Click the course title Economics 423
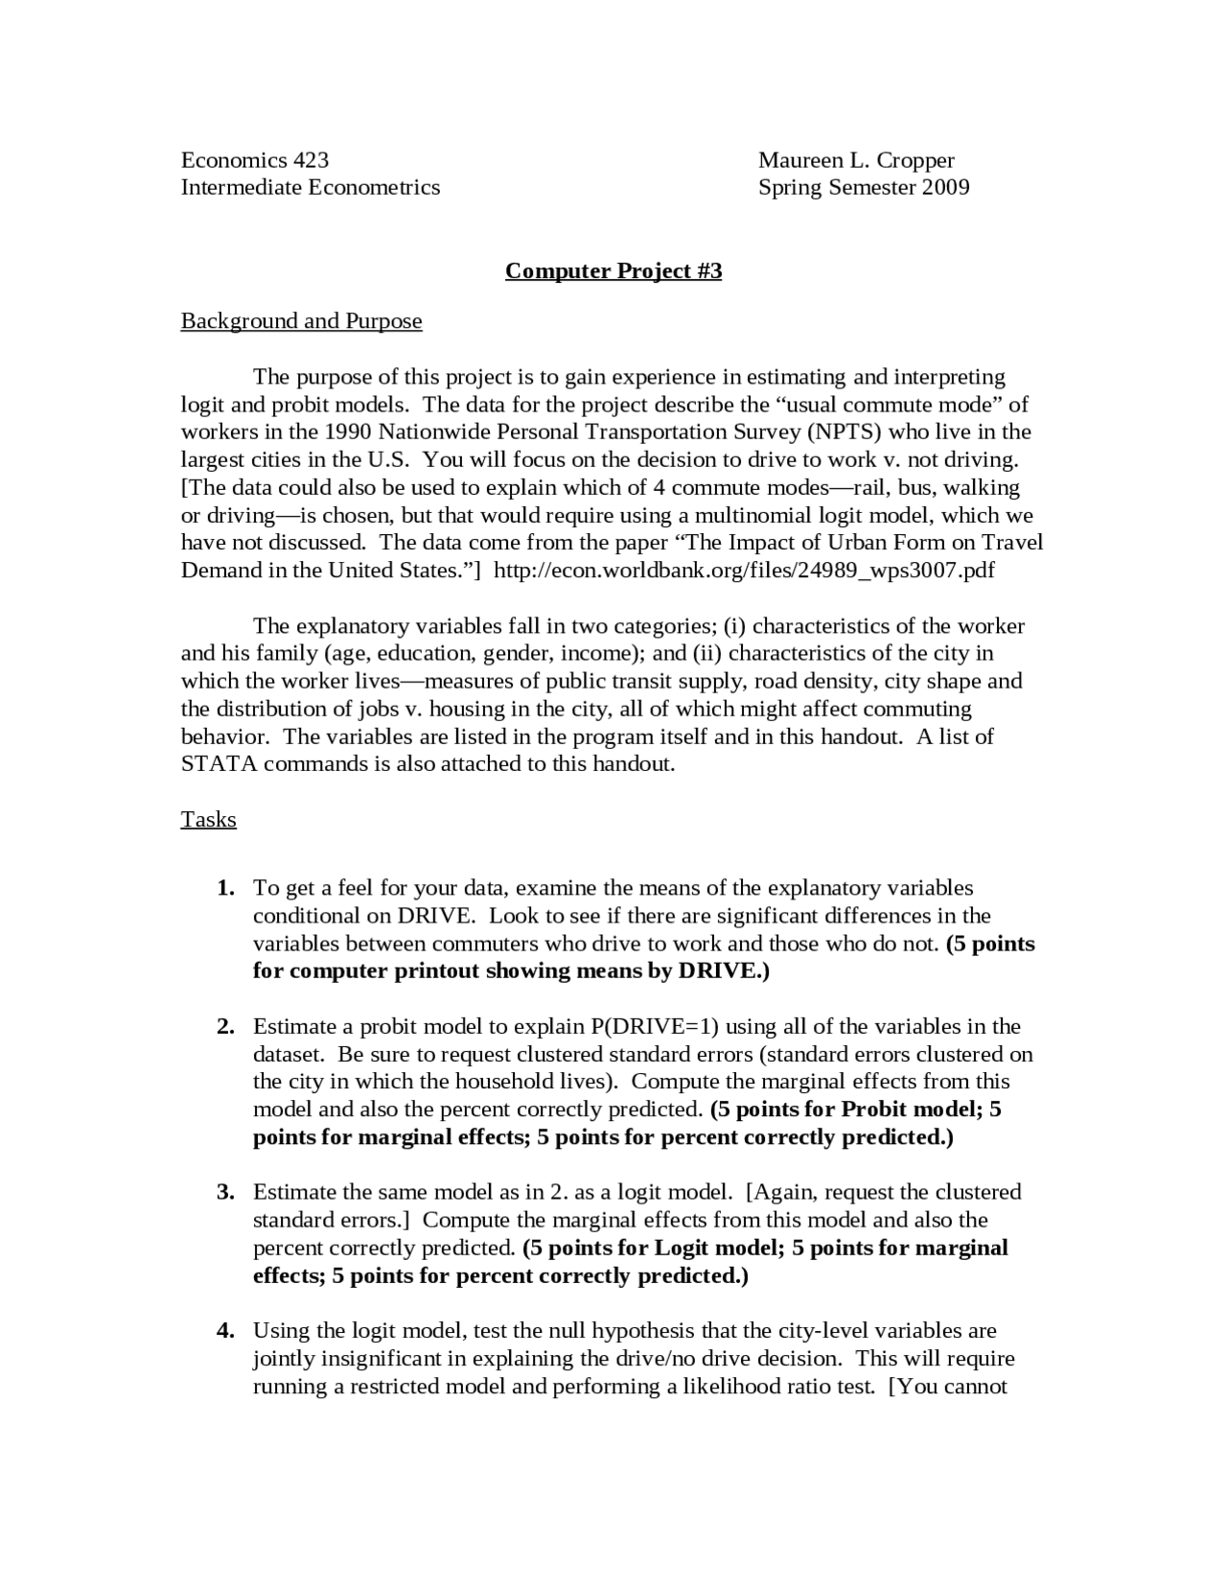coord(255,159)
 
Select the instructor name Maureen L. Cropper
coord(856,159)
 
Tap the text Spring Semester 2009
coord(864,187)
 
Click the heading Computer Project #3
coord(613,270)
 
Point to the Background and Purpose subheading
coord(301,320)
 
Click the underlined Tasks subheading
coord(208,819)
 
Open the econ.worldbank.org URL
coord(743,570)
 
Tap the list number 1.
coord(225,888)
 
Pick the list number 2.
coord(225,1026)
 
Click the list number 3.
coord(225,1192)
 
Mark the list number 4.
coord(225,1330)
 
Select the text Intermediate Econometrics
coord(311,187)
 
